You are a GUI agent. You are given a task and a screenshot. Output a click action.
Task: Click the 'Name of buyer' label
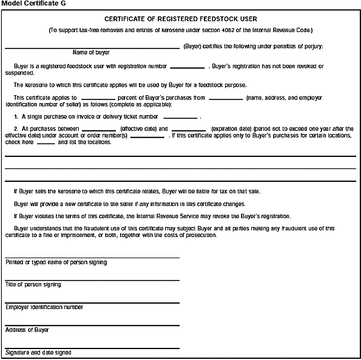point(91,53)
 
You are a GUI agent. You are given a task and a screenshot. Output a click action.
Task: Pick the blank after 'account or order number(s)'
point(147,136)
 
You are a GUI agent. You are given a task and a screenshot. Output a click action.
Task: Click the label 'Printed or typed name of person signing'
point(56,262)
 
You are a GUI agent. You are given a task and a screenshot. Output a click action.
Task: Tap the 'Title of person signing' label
point(33,285)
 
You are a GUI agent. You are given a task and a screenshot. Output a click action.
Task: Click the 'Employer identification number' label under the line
point(44,307)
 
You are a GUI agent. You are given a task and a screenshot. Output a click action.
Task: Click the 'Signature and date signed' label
point(38,352)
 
